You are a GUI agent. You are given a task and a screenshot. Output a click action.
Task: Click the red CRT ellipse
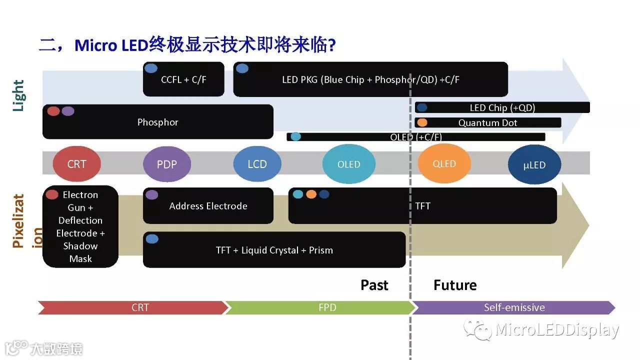pyautogui.click(x=76, y=164)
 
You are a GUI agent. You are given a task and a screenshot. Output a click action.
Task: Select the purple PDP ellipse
pyautogui.click(x=167, y=164)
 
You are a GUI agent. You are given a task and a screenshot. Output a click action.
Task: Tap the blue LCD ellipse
pyautogui.click(x=257, y=164)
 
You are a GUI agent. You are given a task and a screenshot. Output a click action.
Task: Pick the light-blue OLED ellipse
pyautogui.click(x=348, y=164)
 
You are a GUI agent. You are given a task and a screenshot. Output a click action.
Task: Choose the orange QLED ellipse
pyautogui.click(x=444, y=163)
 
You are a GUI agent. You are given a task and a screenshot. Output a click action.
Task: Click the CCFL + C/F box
pyautogui.click(x=183, y=79)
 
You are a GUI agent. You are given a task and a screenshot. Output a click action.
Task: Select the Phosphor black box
pyautogui.click(x=157, y=122)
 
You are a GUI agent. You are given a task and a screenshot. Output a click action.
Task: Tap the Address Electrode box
pyautogui.click(x=208, y=206)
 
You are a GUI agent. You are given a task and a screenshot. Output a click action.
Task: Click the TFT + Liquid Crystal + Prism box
pyautogui.click(x=274, y=250)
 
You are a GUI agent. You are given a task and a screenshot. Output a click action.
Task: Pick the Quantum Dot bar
pyautogui.click(x=487, y=122)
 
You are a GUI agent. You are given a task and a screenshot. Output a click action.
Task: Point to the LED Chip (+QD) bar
pyautogui.click(x=502, y=107)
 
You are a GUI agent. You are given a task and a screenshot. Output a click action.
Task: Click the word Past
pyautogui.click(x=374, y=285)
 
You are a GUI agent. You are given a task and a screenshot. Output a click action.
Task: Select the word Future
pyautogui.click(x=455, y=285)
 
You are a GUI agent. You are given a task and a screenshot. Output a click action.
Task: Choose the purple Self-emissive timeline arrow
pyautogui.click(x=514, y=307)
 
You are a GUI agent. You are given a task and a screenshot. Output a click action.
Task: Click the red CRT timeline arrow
pyautogui.click(x=133, y=307)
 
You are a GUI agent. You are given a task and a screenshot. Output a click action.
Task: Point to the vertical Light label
pyautogui.click(x=18, y=95)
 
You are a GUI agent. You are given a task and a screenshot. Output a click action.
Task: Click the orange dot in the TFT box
pyautogui.click(x=311, y=194)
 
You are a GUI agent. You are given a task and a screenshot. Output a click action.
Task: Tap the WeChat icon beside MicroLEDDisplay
pyautogui.click(x=477, y=329)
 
